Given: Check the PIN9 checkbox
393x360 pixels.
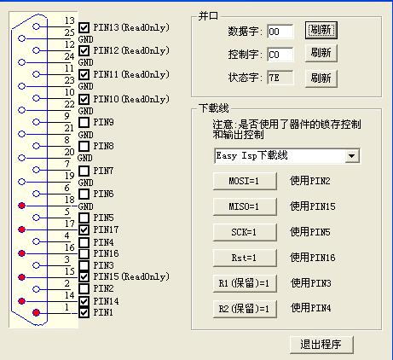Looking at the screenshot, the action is (x=84, y=122).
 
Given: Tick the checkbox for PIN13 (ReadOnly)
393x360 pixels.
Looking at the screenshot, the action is (x=84, y=28).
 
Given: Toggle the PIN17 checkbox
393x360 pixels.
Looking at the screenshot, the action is (x=84, y=229).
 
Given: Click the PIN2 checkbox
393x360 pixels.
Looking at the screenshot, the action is (x=84, y=288).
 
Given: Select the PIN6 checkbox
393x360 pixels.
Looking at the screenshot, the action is (x=84, y=194).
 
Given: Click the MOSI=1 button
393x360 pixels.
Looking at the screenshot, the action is (x=245, y=181).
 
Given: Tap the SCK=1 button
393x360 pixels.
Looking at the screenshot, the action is (x=245, y=232).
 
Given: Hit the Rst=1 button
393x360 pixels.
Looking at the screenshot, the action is (x=245, y=258).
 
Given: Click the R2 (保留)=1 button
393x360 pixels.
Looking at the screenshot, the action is (x=245, y=309).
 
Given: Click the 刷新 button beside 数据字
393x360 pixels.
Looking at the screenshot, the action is (x=321, y=30).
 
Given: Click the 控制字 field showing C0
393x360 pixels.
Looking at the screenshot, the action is (x=280, y=55).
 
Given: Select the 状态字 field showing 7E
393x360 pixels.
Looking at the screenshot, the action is (x=280, y=78).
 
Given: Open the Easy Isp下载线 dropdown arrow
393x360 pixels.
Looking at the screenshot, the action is (x=352, y=156).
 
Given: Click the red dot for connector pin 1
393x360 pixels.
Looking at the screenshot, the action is (x=36, y=313).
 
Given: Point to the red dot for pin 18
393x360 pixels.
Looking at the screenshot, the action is (x=21, y=206).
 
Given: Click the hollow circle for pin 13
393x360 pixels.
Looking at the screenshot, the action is (x=36, y=26).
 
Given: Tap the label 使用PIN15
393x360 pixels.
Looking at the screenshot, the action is (x=313, y=206).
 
